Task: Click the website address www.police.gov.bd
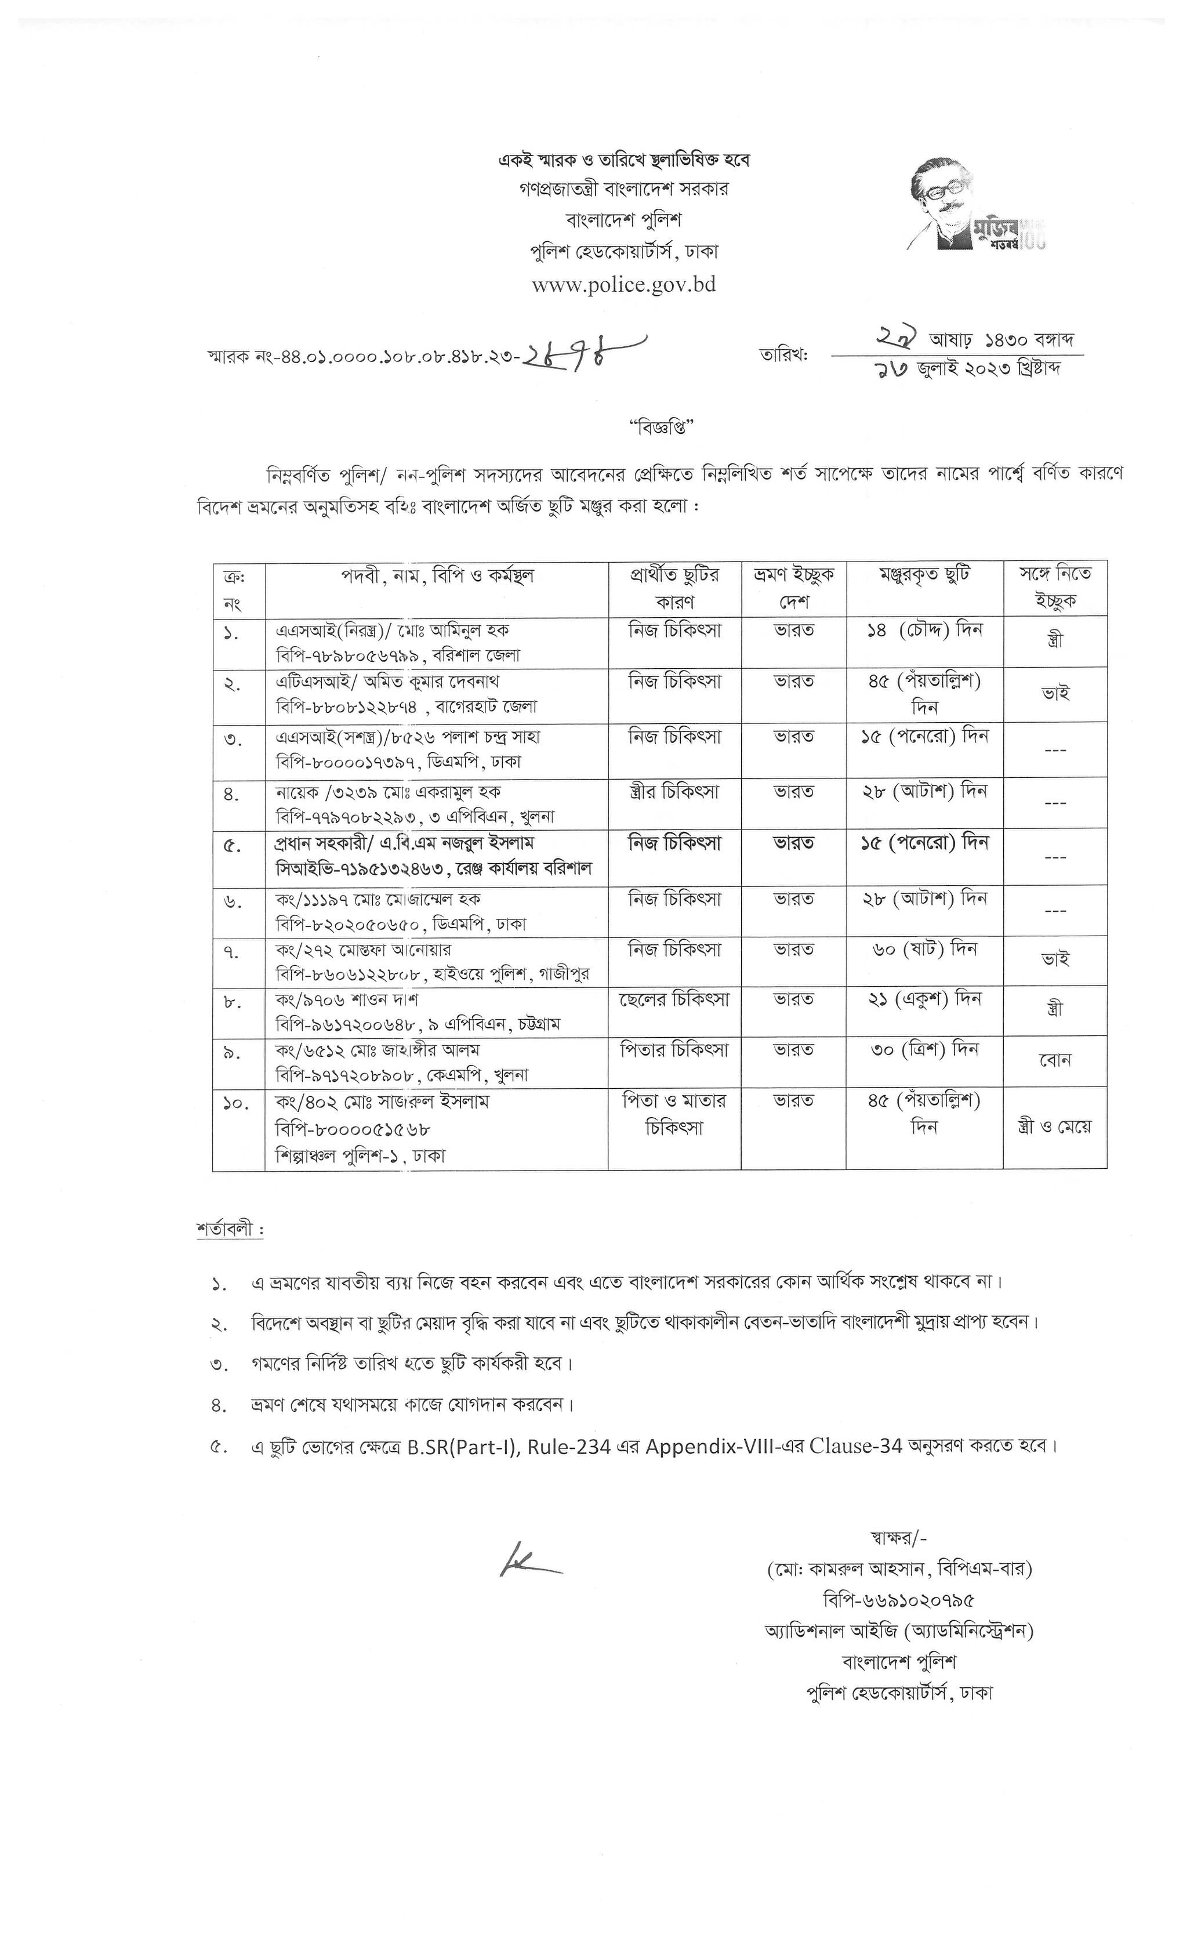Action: click(623, 285)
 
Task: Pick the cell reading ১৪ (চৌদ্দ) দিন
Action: click(924, 631)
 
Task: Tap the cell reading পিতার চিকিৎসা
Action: click(674, 1050)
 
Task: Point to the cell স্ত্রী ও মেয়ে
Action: click(1054, 1127)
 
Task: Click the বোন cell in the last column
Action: click(1054, 1060)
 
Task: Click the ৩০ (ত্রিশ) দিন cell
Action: click(924, 1050)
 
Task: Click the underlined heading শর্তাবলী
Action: click(229, 1230)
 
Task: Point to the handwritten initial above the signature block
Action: click(528, 1560)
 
